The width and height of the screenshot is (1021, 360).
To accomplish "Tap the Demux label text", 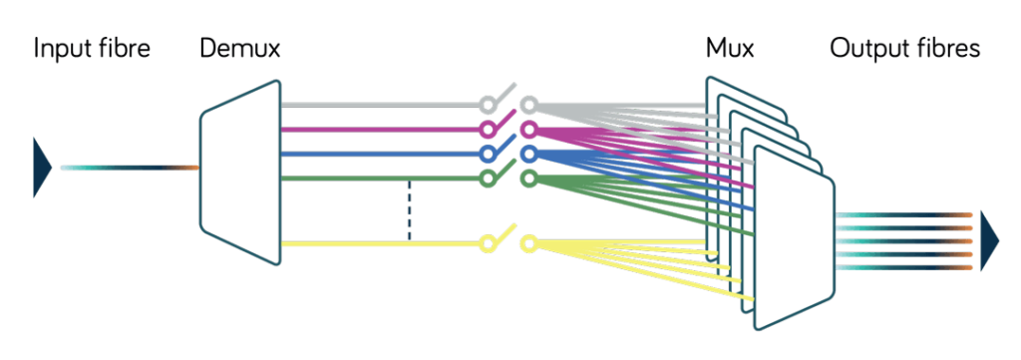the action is click(239, 48).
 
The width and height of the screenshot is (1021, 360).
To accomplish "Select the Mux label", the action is click(730, 48).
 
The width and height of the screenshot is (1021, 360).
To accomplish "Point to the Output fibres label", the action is click(905, 48).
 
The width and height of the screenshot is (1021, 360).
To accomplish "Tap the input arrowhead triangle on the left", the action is click(42, 167).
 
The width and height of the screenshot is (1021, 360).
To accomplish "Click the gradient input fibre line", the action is click(130, 168).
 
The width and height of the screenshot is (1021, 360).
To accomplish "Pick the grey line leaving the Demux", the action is click(379, 105).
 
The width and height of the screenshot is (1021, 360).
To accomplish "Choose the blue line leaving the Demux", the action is click(379, 155).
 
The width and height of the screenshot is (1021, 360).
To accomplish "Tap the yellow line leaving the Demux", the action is click(379, 244).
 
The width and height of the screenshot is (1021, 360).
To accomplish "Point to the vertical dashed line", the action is click(409, 211).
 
